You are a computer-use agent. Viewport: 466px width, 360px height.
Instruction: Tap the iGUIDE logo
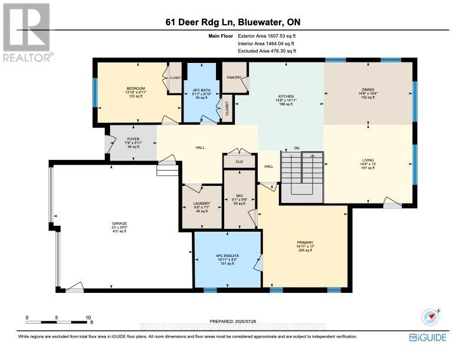click(x=427, y=337)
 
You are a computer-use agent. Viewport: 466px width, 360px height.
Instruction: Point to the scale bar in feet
click(x=57, y=321)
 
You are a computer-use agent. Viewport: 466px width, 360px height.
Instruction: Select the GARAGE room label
click(x=119, y=224)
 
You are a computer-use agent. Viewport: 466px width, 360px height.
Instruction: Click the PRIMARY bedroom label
click(x=305, y=242)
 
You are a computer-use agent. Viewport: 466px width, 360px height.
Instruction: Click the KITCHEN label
click(x=286, y=96)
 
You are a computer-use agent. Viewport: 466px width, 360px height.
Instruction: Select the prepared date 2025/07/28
click(x=232, y=321)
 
